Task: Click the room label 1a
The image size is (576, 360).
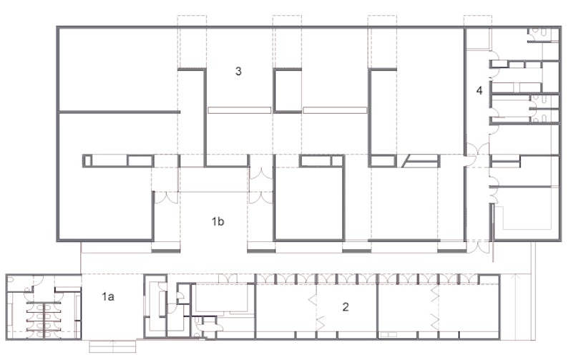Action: [108, 296]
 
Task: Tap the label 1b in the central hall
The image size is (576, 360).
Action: [218, 221]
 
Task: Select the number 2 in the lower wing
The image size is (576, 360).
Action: [346, 307]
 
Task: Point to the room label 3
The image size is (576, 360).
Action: [238, 71]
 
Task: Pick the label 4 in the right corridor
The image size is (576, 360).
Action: [479, 90]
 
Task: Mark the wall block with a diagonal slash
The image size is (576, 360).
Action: [421, 161]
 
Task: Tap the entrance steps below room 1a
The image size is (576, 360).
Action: [113, 346]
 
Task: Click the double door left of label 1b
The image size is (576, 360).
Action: [166, 198]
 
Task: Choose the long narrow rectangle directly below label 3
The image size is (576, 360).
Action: [239, 110]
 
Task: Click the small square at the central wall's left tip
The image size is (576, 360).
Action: [87, 161]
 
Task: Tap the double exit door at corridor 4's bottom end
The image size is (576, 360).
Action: [478, 246]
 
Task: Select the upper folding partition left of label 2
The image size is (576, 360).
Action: [313, 298]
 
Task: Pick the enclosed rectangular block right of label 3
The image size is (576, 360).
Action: [287, 90]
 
